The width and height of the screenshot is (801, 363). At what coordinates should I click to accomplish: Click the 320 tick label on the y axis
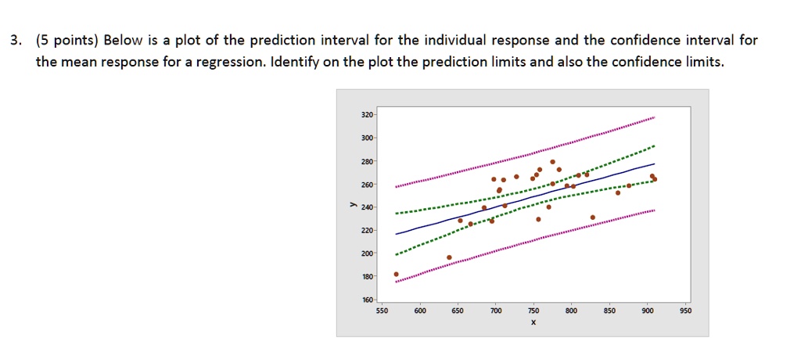pos(367,115)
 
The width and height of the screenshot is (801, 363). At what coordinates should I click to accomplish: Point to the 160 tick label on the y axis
pos(367,300)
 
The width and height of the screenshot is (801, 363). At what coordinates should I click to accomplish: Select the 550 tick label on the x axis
pos(382,311)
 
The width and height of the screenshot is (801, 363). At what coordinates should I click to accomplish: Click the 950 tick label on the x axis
pos(685,311)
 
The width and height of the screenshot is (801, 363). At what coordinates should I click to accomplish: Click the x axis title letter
pos(532,322)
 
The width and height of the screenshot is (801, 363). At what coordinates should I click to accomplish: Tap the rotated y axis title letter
pos(353,207)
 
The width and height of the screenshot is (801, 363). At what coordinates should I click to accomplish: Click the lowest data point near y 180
pos(397,275)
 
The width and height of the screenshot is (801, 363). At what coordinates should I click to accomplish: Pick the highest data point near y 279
pos(552,162)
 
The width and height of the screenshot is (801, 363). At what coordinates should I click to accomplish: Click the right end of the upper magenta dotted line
pos(654,117)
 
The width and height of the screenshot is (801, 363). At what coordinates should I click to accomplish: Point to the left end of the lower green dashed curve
pos(397,254)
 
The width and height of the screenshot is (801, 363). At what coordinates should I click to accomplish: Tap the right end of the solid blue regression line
pos(654,164)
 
